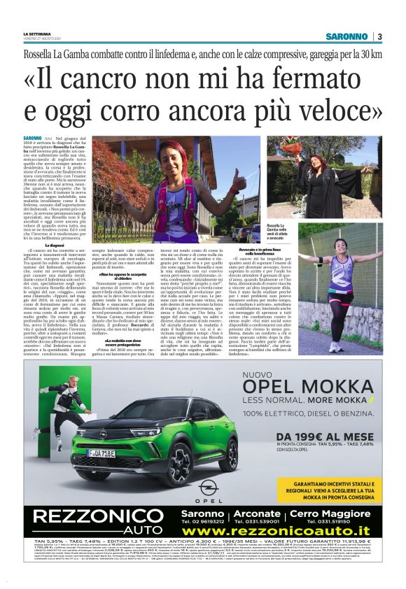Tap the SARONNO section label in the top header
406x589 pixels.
[x=346, y=36]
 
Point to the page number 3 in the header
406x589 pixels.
[x=379, y=36]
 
